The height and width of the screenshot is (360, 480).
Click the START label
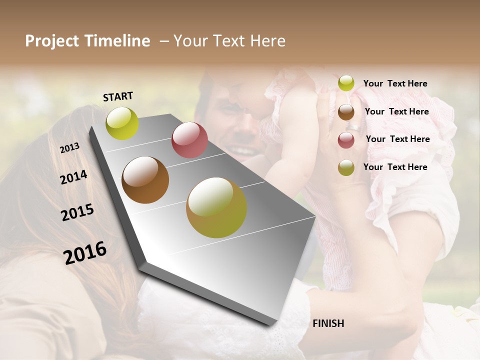118,96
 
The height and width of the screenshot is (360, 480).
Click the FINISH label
328,323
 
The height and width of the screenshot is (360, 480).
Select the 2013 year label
69,148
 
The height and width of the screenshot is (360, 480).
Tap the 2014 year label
73,177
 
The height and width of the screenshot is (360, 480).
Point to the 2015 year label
77,212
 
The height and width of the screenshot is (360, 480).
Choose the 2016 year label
85,252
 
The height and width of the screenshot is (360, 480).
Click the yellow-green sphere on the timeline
122,123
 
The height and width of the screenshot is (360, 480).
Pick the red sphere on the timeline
189,140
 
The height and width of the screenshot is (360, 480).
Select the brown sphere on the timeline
145,180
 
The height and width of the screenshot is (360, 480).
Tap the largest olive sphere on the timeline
216,207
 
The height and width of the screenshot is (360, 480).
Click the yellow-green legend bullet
346,83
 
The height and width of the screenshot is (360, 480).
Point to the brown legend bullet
346,111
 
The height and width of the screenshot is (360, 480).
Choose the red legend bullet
346,139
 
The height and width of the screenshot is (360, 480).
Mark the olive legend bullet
346,167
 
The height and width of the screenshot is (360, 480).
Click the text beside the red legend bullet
397,139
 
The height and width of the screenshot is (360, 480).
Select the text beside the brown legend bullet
396,111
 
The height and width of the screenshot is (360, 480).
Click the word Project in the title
51,41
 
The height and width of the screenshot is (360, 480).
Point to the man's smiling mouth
241,149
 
